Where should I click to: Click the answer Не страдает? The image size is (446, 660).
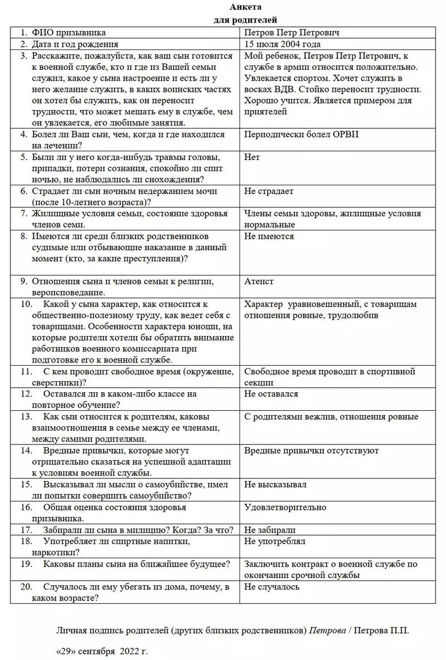[x=269, y=191]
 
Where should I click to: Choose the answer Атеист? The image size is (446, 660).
[x=259, y=282]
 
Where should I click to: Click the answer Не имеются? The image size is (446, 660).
[x=269, y=237]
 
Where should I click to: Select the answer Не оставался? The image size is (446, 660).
[x=271, y=394]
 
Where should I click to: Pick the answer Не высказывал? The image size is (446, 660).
[x=275, y=485]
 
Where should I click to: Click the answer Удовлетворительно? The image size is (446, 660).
[x=285, y=507]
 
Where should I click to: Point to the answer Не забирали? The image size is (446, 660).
[x=270, y=530]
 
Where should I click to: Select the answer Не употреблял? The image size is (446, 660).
[x=275, y=541]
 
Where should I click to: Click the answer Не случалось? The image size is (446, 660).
[x=271, y=586]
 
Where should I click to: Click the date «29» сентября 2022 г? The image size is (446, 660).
[x=102, y=651]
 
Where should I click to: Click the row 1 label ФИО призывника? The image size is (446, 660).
[x=69, y=33]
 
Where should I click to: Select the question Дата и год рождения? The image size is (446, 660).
[x=75, y=45]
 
